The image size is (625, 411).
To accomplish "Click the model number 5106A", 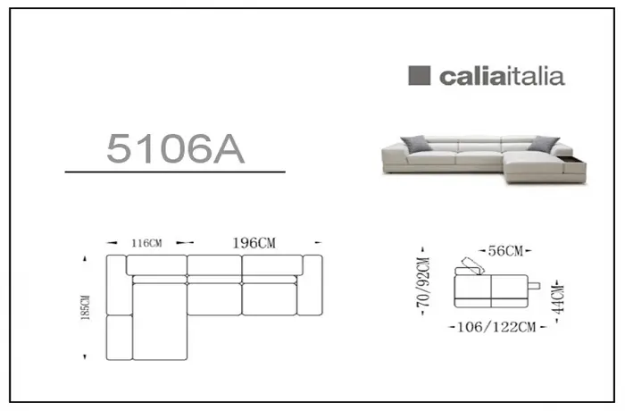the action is pos(175,148).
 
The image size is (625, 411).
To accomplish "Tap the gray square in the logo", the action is pos(420,75).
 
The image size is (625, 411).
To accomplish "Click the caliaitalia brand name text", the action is pos(502,76).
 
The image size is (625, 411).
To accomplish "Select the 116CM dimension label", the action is pos(146,243).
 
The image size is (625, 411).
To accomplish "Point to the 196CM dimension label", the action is pos(254,243).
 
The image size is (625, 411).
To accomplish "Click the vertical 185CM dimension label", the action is pos(86,307).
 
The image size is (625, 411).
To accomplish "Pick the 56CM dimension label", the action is pos(505,251).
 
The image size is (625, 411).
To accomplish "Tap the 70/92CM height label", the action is pos(423,282).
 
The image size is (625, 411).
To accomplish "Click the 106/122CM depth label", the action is pos(496,327).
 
